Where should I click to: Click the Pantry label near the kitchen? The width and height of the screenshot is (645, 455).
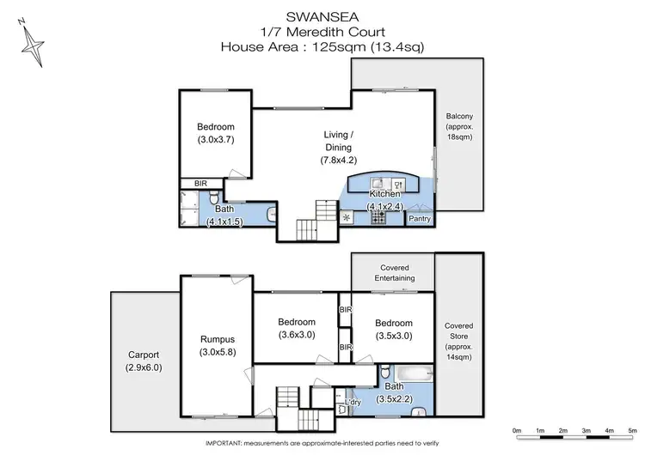coord(420,219)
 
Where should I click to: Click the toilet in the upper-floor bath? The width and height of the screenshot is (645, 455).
coord(271,215)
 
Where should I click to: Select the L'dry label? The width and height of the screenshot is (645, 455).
coord(353,402)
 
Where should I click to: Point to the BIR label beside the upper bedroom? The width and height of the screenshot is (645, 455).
coord(200,183)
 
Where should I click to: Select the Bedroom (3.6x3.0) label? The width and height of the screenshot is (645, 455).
coord(295,329)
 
